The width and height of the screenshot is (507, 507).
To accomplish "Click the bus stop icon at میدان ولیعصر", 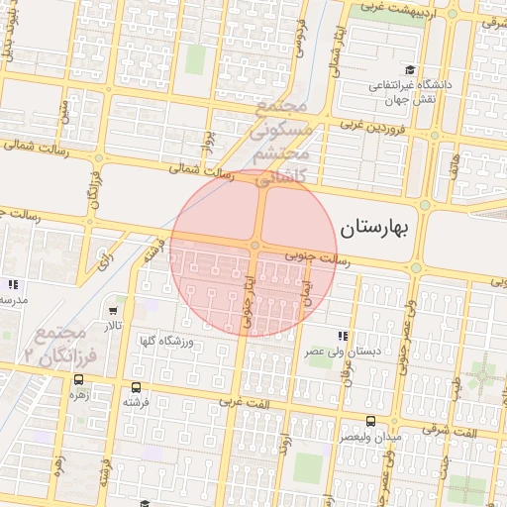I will pos(371,421).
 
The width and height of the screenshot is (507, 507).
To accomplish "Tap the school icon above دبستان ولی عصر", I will pos(343,336).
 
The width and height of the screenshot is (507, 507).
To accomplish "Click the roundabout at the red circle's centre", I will pos(255,245).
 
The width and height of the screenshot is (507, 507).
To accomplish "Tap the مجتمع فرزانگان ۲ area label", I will pos(63,343).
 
